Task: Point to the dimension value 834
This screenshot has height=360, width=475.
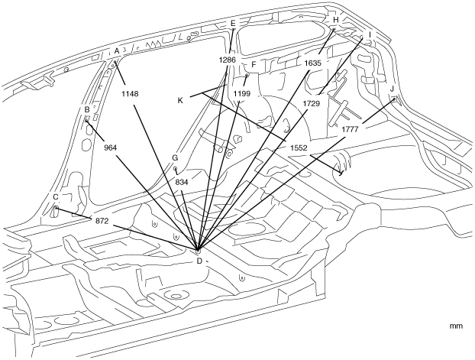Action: (182, 183)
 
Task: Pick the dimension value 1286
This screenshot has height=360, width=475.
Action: (228, 60)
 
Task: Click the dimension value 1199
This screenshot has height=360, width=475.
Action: (241, 93)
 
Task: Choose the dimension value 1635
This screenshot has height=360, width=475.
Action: (314, 63)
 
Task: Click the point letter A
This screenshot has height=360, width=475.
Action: (117, 51)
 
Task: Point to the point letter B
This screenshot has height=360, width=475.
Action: (88, 110)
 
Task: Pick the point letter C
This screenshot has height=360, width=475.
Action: (56, 197)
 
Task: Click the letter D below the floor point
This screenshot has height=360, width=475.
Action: (199, 261)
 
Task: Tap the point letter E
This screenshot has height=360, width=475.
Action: (233, 24)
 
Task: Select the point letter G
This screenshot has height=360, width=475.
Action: (175, 157)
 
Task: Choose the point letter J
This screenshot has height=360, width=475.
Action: (392, 89)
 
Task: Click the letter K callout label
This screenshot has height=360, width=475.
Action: (180, 100)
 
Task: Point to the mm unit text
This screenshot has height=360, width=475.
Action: (456, 326)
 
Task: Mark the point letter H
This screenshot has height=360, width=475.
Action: (335, 20)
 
